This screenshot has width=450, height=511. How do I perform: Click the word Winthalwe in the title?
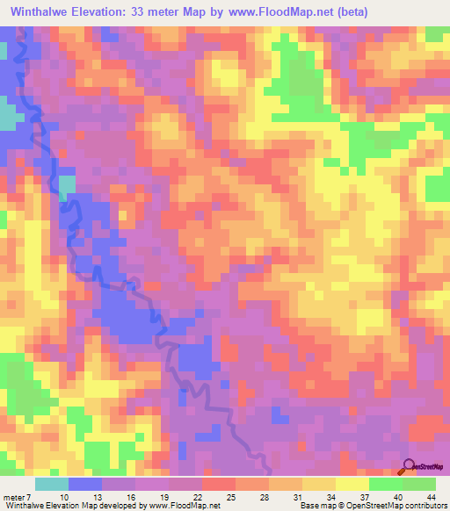44,11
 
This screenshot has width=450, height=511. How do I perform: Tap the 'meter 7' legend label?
18,498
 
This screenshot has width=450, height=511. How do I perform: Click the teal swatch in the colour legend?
52,484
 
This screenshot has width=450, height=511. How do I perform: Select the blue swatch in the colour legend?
85,484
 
